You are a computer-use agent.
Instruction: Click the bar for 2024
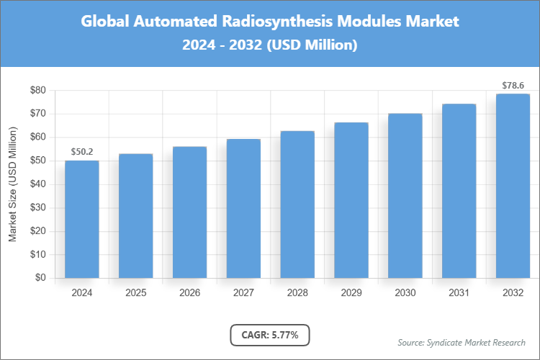click(82, 219)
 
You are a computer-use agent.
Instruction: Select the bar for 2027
click(243, 208)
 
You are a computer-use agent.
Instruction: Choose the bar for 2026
click(189, 212)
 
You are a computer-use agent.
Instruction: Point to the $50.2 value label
click(82, 152)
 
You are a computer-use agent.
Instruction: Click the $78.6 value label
click(513, 86)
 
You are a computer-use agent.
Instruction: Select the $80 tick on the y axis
click(37, 90)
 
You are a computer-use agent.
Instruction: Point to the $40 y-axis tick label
click(37, 184)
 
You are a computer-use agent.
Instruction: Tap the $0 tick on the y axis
click(40, 278)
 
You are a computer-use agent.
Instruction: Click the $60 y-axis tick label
click(37, 137)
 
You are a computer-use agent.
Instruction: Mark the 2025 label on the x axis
click(136, 293)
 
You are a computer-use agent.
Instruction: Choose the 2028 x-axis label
click(297, 293)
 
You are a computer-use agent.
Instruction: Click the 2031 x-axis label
click(459, 293)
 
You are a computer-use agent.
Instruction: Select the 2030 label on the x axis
click(405, 293)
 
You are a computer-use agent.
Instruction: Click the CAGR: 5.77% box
click(270, 335)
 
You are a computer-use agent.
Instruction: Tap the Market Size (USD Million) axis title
click(12, 184)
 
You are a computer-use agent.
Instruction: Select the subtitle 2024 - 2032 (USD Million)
click(270, 45)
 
